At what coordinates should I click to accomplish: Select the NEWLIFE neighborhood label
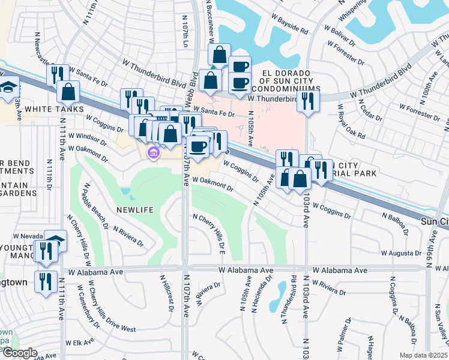pos(135,210)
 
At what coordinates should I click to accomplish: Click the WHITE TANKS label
pos(49,109)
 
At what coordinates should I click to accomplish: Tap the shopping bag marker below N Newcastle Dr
pos(68,91)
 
